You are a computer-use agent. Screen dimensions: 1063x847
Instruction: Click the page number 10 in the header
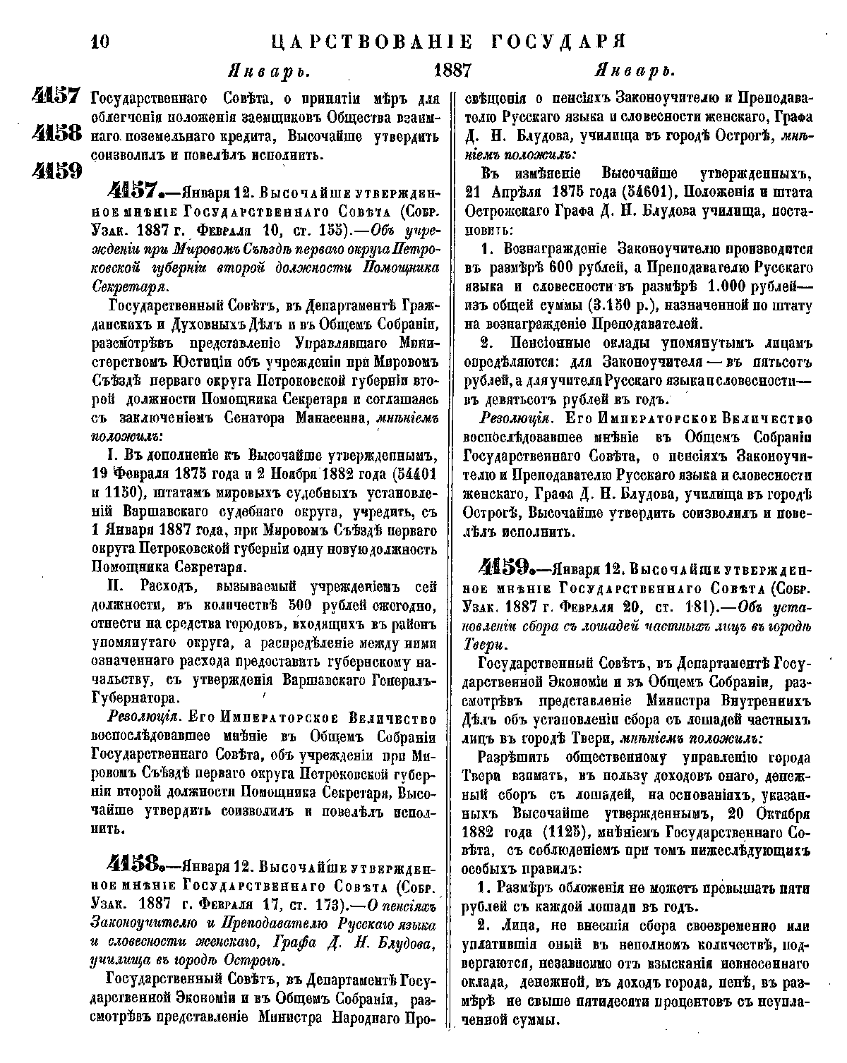(100, 42)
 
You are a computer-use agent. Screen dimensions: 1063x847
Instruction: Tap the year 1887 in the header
(452, 72)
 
